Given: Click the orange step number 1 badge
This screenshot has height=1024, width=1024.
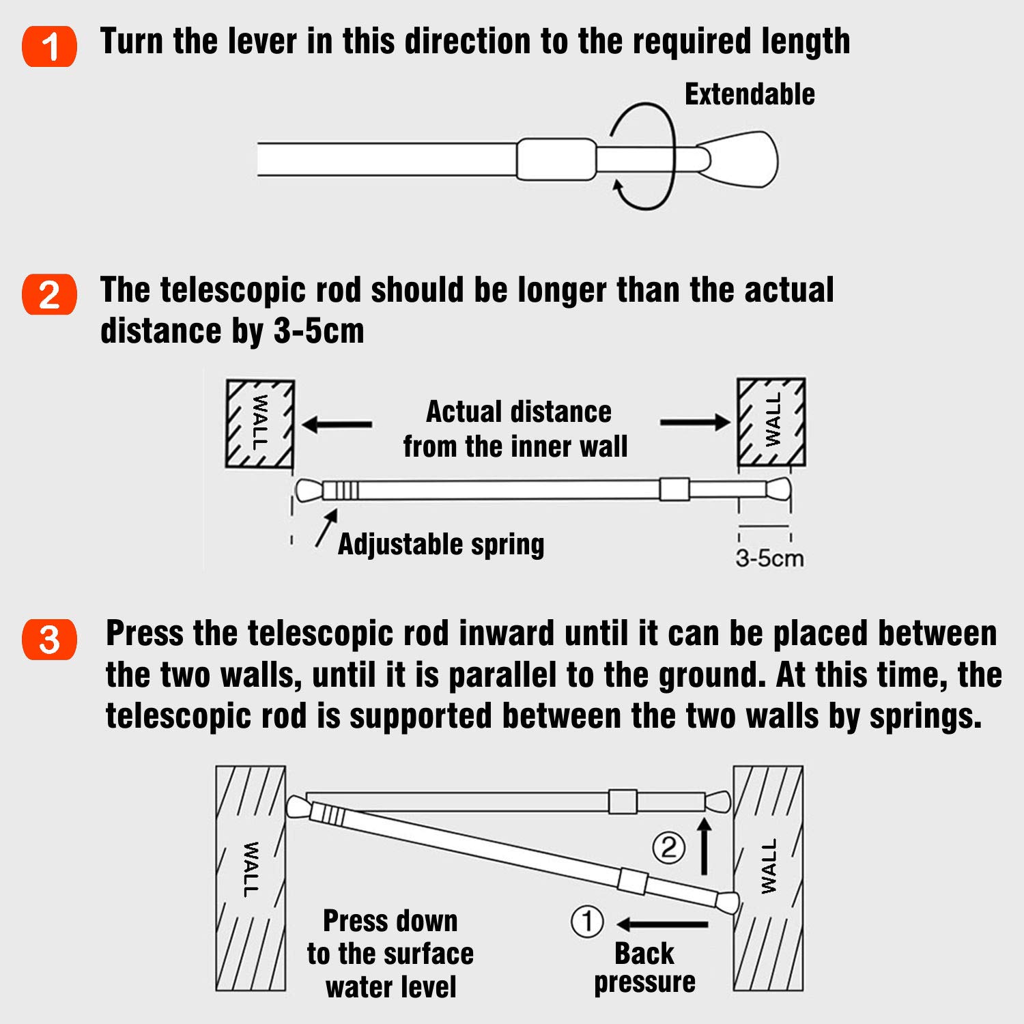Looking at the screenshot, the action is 49,46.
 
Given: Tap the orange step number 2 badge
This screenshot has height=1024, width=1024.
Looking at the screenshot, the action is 49,295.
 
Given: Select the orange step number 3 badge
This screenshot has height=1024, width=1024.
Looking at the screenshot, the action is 49,640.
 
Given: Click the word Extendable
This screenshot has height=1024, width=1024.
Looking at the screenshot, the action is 749,94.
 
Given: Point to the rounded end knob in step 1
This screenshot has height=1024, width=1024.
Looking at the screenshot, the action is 741,160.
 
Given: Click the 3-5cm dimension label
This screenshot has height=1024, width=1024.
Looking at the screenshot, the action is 769,558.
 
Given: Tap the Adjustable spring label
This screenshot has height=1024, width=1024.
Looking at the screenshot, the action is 441,544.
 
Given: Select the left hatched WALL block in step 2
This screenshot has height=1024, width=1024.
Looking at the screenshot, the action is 260,423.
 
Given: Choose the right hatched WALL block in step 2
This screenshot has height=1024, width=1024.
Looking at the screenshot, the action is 771,421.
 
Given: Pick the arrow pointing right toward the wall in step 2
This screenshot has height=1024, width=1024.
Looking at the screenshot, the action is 695,423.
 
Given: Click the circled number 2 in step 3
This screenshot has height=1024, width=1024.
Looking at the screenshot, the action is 668,847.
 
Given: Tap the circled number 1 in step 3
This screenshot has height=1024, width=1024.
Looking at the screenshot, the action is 587,922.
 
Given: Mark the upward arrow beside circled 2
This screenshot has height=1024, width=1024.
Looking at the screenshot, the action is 705,847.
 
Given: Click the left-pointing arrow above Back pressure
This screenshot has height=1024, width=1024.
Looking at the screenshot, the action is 662,924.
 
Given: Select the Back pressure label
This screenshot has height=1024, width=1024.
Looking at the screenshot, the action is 644,967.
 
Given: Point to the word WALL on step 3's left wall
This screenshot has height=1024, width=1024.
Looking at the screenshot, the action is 251,869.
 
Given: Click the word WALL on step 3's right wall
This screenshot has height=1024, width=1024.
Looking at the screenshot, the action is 769,866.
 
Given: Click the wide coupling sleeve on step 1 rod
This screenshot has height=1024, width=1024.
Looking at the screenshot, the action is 556,159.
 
